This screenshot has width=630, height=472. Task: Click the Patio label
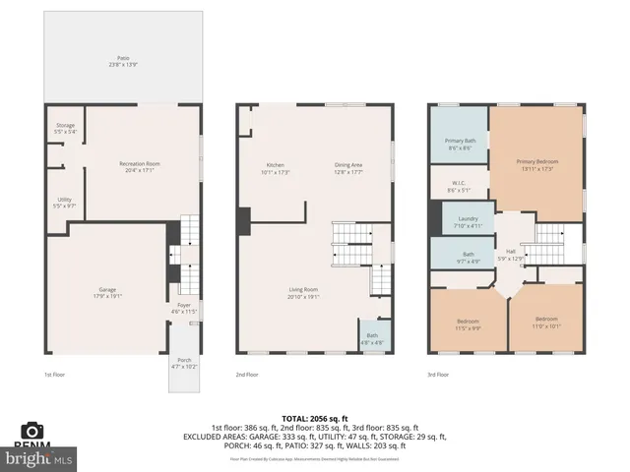(x=122, y=61)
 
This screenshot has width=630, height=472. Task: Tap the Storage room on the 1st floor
(x=65, y=129)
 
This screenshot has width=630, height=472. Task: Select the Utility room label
(x=65, y=203)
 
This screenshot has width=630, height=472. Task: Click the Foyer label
(x=184, y=308)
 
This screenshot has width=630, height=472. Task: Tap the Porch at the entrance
(x=184, y=365)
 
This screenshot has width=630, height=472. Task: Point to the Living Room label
(x=303, y=292)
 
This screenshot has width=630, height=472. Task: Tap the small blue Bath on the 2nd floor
(x=372, y=337)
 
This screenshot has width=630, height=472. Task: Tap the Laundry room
(x=468, y=221)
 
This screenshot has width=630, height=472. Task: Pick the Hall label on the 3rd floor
(x=511, y=254)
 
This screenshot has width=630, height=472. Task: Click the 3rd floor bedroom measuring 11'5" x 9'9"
(x=468, y=324)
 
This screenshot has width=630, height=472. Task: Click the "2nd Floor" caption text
(x=247, y=375)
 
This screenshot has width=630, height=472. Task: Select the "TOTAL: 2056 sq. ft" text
(x=314, y=418)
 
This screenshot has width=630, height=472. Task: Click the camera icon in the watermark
(x=32, y=431)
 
